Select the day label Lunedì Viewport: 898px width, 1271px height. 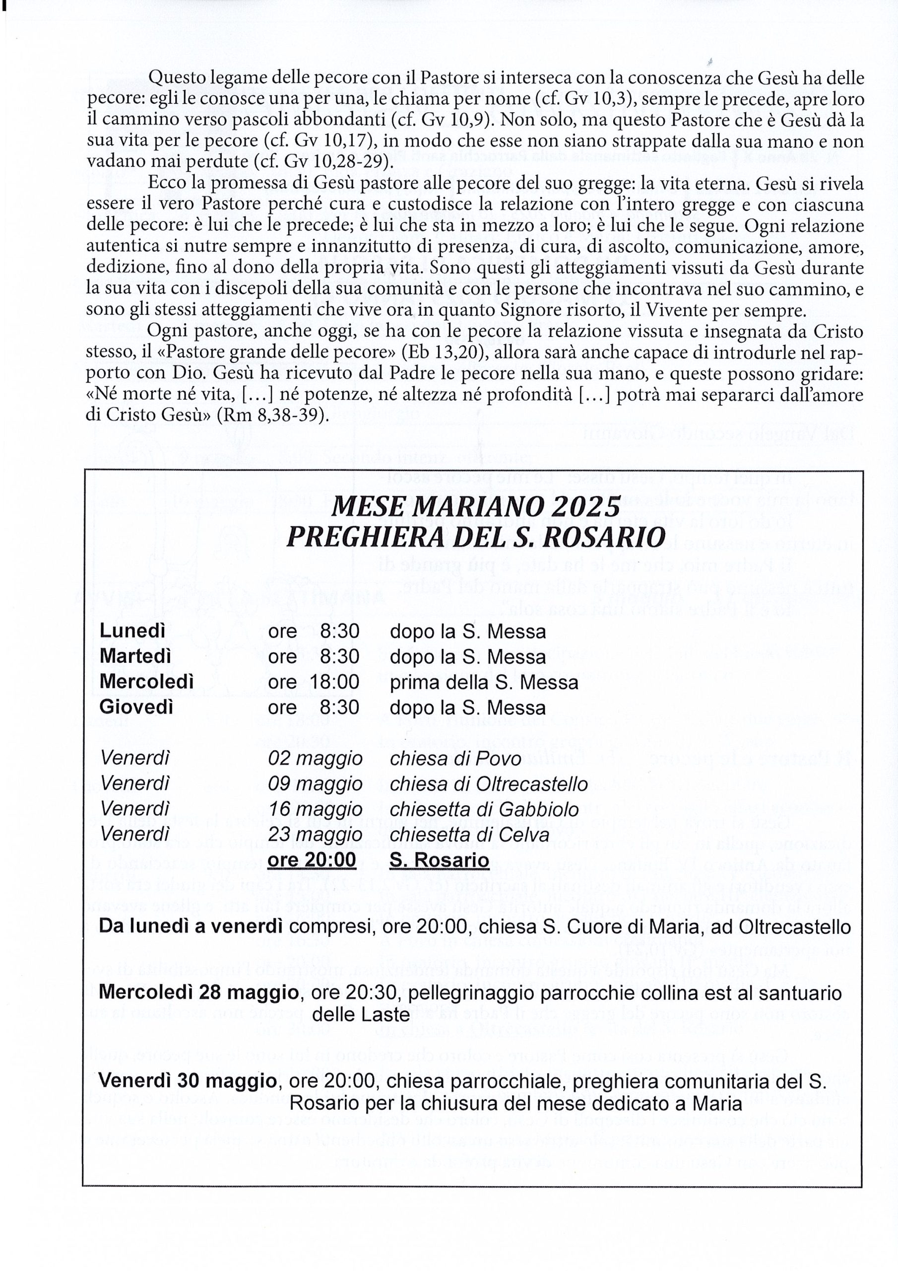(133, 631)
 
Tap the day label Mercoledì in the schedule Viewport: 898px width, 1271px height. (147, 682)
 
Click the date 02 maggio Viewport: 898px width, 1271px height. (316, 759)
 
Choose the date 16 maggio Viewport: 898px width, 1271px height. (316, 809)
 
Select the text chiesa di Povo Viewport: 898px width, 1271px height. (455, 759)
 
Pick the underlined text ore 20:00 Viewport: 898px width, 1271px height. (312, 860)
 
